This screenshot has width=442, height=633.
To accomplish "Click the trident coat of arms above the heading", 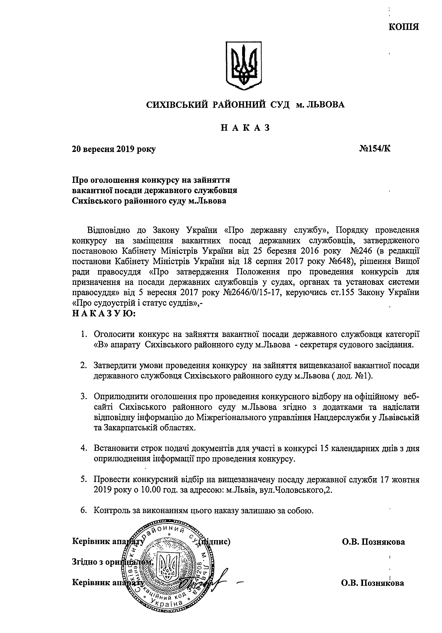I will [243, 65].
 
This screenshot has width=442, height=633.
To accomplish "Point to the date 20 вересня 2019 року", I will [114, 149].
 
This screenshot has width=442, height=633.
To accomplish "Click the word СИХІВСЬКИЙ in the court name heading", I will [176, 105].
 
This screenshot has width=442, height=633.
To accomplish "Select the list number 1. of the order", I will [84, 334].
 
